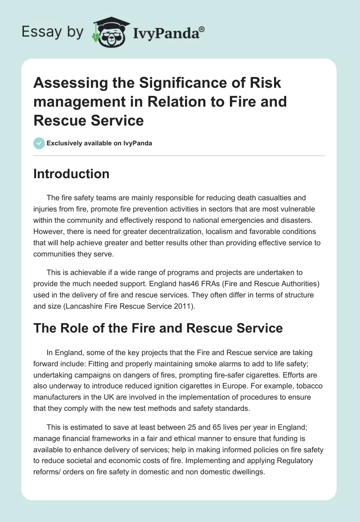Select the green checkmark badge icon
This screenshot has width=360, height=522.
pyautogui.click(x=39, y=143)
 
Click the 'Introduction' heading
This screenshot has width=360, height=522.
pyautogui.click(x=71, y=174)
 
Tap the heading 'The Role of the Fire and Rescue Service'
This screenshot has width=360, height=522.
pyautogui.click(x=158, y=328)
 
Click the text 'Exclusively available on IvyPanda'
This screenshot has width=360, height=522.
pyautogui.click(x=99, y=143)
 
